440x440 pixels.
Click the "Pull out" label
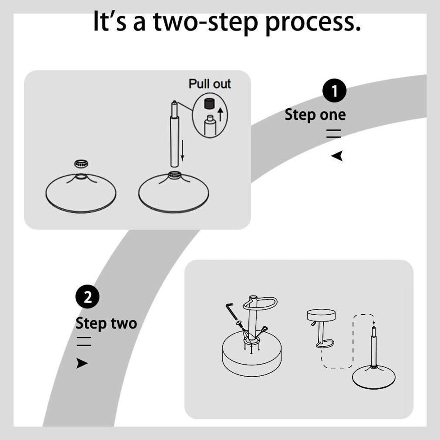point(210,84)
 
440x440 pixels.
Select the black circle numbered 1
point(334,91)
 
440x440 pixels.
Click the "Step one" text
point(315,115)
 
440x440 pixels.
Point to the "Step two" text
point(106,323)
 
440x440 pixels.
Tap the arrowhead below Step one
point(337,156)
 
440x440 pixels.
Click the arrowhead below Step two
point(82,363)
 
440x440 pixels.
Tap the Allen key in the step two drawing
point(231,312)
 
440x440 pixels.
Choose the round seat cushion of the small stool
point(322,316)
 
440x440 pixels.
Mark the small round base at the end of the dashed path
point(374,377)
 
